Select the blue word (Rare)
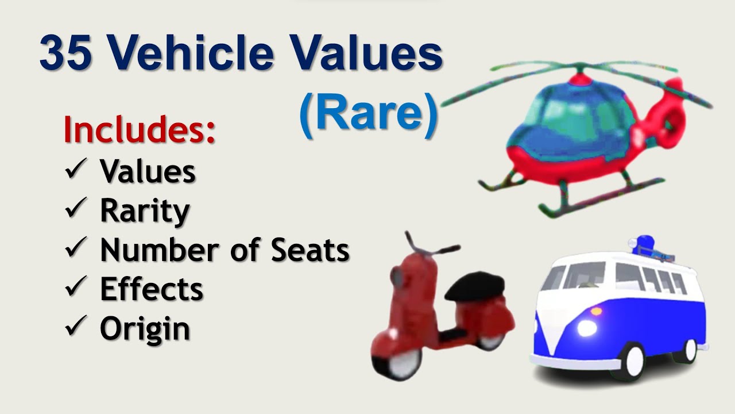coord(368,113)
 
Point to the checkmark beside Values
coord(76,170)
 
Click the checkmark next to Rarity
coord(76,210)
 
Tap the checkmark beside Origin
coord(76,328)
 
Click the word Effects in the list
coord(152,289)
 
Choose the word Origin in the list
coord(145,329)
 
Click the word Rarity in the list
coord(145,211)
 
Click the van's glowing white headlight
coord(587,328)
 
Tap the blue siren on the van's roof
coord(645,243)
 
